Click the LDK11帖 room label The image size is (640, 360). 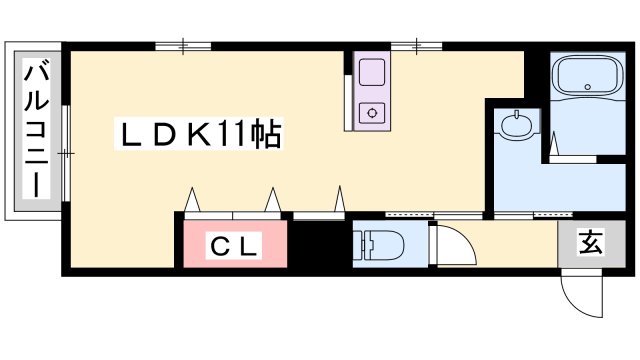201,133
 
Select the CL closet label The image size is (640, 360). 234,245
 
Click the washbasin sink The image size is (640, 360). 516,125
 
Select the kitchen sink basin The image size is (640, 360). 373,72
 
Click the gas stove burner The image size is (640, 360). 373,112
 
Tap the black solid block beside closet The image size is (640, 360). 319,243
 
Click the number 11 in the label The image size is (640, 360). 229,133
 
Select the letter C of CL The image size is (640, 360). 219,245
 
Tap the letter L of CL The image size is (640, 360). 249,245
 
